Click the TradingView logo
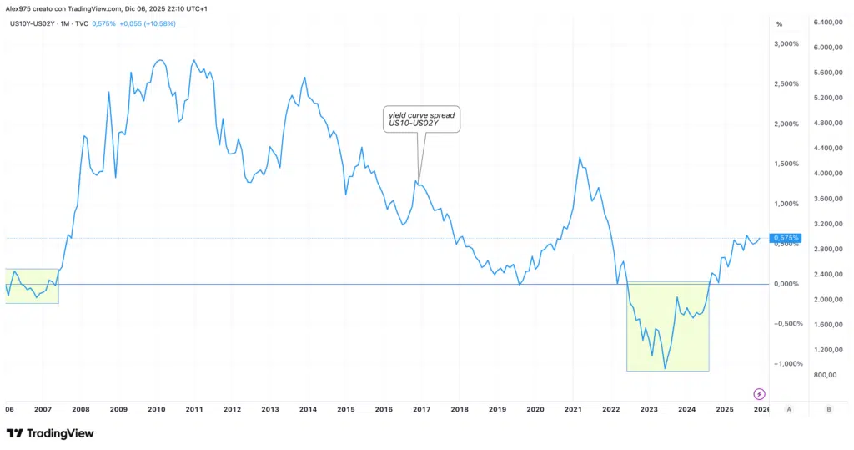pos(50,433)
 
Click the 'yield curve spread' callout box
pos(421,119)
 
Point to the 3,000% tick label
pos(787,44)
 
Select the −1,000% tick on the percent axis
pos(786,363)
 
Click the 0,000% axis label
pos(787,284)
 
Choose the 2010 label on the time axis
pos(156,409)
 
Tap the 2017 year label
pos(421,409)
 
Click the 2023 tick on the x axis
pos(649,409)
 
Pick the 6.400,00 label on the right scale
pos(830,23)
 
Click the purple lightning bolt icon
pos(760,393)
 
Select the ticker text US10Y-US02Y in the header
pos(32,23)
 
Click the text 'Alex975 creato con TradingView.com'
pos(66,8)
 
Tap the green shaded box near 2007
pos(32,286)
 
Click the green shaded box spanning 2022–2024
pos(667,326)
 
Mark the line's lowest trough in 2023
pos(665,368)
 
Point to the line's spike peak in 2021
pos(579,157)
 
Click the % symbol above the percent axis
pos(779,23)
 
